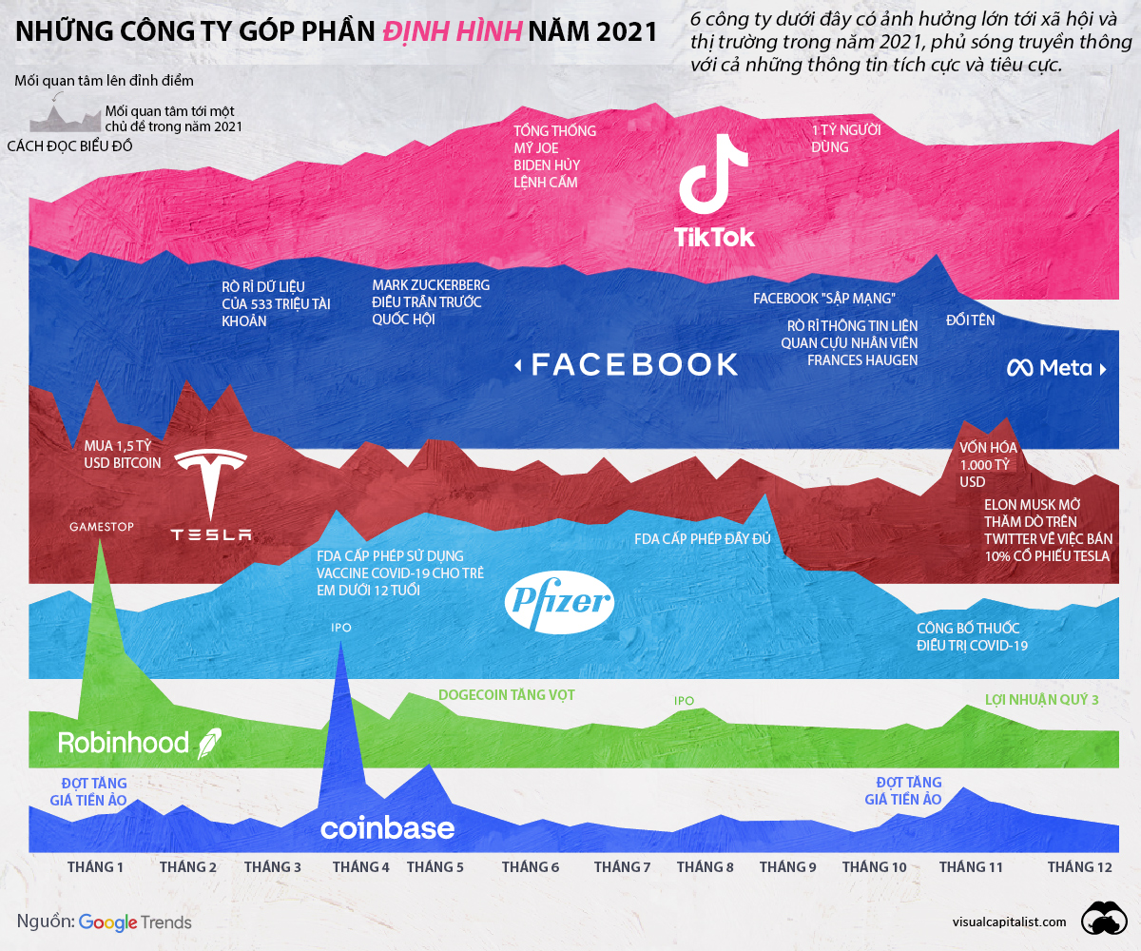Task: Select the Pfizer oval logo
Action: [560, 602]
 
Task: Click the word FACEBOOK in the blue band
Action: [633, 364]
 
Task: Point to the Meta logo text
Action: [1050, 368]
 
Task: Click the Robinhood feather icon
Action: [208, 744]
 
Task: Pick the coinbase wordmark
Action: [387, 827]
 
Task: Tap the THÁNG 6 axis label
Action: [531, 866]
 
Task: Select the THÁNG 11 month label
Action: [971, 866]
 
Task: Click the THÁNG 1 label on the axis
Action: [95, 866]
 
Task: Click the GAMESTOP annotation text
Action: [101, 526]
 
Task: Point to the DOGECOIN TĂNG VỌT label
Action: [506, 695]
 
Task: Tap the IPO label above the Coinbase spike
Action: [340, 628]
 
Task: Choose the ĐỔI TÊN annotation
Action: [970, 320]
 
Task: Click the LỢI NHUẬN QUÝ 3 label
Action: [1042, 700]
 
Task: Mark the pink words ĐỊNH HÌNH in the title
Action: [452, 31]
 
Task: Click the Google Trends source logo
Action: [135, 922]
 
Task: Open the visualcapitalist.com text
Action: [1010, 922]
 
